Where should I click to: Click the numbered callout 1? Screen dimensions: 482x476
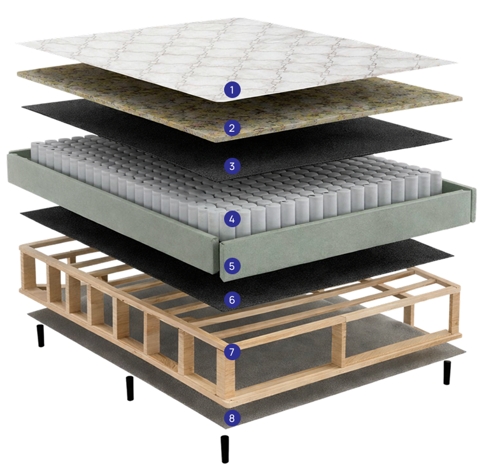click(232, 90)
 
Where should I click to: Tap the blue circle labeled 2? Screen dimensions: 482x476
click(232, 128)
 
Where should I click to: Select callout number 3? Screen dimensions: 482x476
click(232, 166)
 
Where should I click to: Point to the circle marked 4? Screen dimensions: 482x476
click(232, 219)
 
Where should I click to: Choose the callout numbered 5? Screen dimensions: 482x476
click(232, 266)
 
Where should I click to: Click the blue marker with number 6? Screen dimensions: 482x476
click(232, 300)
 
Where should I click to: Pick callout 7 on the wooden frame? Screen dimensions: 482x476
click(232, 351)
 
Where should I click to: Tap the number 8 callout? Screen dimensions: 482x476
click(232, 418)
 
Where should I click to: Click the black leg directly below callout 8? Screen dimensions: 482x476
click(225, 449)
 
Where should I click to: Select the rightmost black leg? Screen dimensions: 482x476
click(447, 372)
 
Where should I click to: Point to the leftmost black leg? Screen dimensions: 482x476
click(41, 336)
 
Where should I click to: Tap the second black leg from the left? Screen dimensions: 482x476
click(130, 388)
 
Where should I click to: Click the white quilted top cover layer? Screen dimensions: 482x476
click(237, 55)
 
